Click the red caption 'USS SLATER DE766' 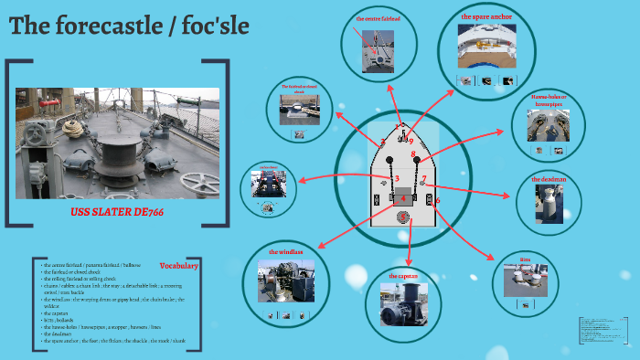pos(116,211)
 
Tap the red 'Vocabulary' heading pos(178,265)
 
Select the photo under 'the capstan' pos(402,304)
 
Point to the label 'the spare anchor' pos(486,16)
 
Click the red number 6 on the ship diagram pos(438,200)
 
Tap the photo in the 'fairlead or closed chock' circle pos(298,112)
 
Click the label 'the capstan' pos(403,275)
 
